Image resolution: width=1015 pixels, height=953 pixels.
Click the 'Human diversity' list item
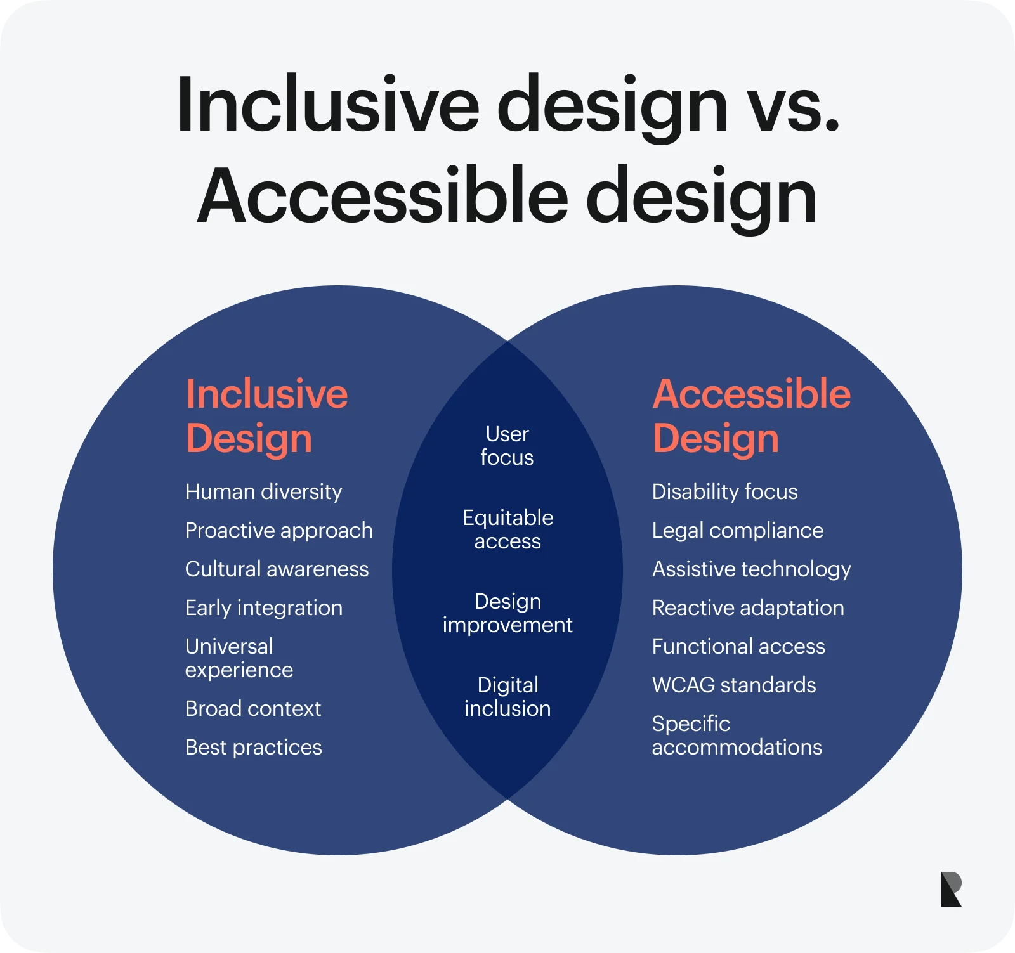click(263, 492)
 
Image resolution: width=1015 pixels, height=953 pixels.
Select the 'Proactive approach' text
click(279, 531)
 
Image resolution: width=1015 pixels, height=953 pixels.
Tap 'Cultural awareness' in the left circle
click(277, 569)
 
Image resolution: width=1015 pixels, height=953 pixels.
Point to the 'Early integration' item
click(264, 608)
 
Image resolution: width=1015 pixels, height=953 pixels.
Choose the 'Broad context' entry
click(253, 708)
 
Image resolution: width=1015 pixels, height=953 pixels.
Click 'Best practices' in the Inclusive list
click(254, 748)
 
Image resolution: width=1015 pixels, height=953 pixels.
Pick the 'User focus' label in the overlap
click(507, 446)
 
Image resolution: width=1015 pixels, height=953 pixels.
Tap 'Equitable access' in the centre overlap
click(507, 529)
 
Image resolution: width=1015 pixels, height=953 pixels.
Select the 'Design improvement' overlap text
click(507, 613)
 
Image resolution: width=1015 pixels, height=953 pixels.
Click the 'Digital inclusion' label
click(507, 697)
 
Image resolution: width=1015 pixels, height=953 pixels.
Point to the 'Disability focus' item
click(725, 492)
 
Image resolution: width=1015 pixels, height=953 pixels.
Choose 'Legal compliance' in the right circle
click(738, 531)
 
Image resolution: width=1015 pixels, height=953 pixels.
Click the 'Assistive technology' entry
click(752, 569)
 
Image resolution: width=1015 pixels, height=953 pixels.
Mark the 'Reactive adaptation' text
click(748, 608)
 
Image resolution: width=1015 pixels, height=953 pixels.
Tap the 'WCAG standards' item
click(734, 685)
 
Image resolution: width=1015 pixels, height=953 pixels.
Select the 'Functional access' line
click(738, 646)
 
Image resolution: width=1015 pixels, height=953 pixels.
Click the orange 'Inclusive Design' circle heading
click(266, 416)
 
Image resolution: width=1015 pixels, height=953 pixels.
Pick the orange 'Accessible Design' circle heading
click(752, 416)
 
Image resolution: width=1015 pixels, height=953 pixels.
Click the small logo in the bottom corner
click(951, 889)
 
